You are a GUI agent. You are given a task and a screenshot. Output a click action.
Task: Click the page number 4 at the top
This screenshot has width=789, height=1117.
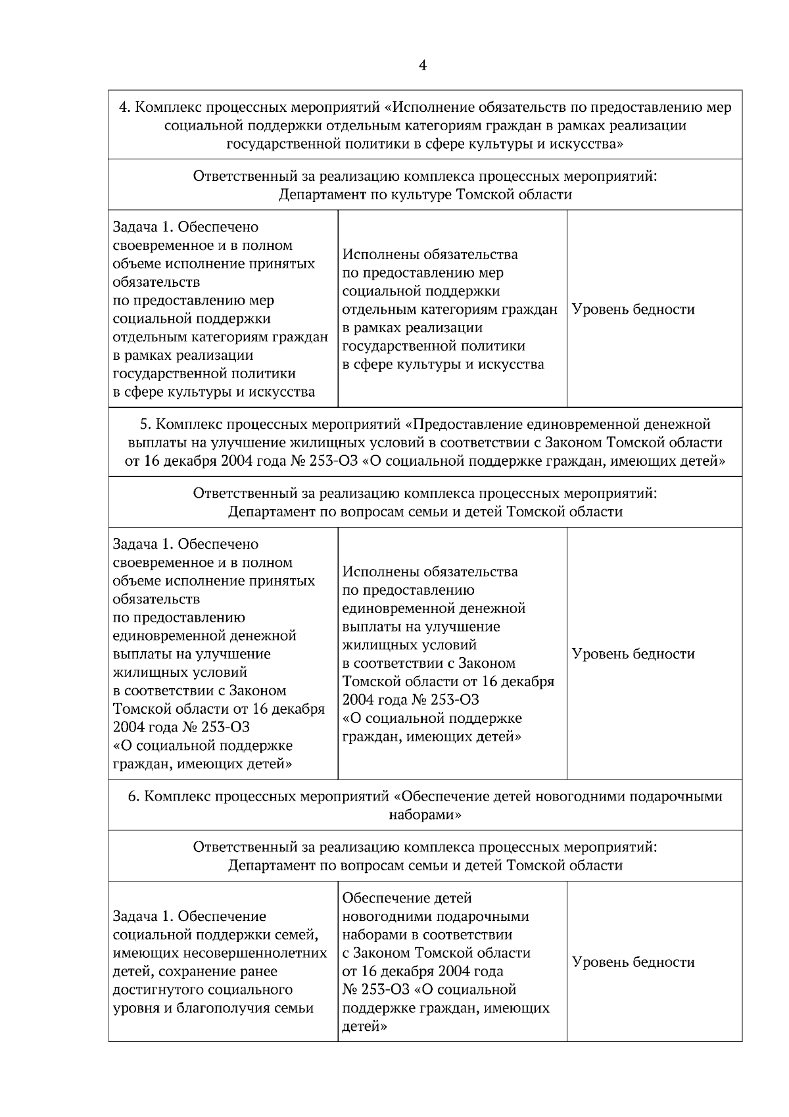tap(422, 65)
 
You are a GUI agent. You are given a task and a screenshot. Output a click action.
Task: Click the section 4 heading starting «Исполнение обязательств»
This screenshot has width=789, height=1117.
tap(425, 124)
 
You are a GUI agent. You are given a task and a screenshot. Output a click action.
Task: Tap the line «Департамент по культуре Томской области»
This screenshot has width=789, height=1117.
tap(425, 195)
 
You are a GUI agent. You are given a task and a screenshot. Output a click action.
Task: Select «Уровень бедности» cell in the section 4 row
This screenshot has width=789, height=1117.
tap(633, 309)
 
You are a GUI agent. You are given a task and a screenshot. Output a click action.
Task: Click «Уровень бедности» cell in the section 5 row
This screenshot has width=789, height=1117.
tap(633, 654)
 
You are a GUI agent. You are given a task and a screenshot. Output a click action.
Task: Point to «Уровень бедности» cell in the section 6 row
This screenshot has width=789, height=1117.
tap(633, 962)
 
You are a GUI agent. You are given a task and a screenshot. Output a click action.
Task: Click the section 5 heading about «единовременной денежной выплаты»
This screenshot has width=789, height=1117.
tap(425, 442)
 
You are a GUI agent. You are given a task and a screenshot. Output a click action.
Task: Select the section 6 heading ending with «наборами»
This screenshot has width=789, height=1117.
tap(425, 805)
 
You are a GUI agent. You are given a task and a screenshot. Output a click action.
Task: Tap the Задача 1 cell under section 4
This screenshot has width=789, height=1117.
tap(222, 309)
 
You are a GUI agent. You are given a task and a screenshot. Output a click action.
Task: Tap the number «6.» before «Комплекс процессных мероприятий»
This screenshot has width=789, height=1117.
tap(133, 797)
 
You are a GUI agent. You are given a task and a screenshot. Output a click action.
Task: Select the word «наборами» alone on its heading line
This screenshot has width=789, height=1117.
tap(425, 814)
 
